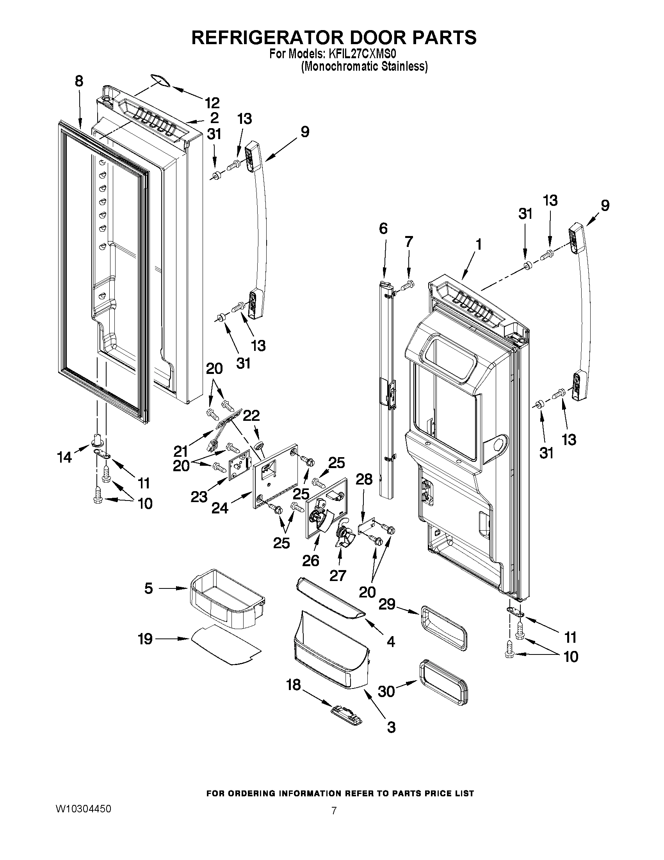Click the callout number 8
(79, 81)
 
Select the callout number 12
(212, 103)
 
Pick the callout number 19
(145, 639)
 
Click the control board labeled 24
(274, 477)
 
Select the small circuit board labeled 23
(239, 465)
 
